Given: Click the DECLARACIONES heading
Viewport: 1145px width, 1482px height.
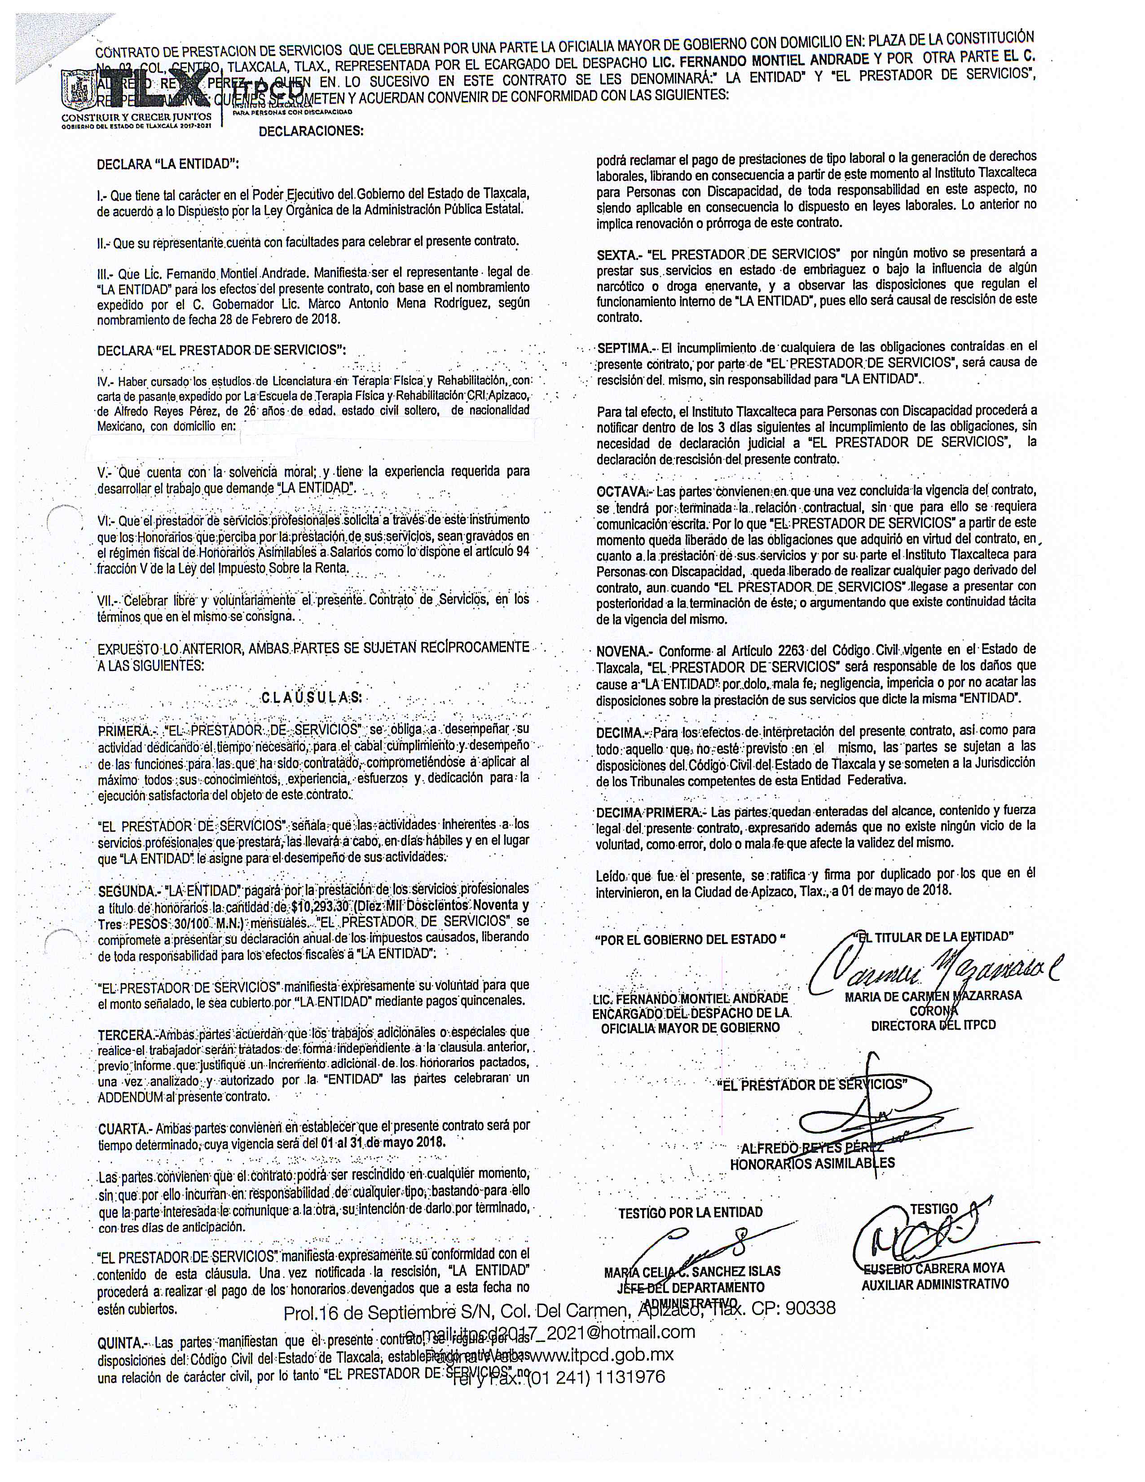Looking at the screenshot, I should pos(311,131).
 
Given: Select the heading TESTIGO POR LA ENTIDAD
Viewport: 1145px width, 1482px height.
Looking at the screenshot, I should pos(690,1212).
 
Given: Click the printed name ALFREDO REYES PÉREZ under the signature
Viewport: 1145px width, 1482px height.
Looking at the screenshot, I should pos(811,1148).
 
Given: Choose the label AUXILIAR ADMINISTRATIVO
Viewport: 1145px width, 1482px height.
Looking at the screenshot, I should pos(935,1284).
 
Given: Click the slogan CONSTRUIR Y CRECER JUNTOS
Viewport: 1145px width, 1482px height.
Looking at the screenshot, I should pos(135,117).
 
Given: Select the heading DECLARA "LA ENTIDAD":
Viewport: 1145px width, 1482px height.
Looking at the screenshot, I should pos(167,164).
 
